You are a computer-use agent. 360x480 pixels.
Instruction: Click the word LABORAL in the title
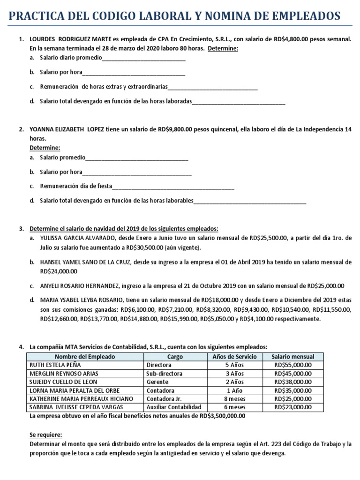[159, 17]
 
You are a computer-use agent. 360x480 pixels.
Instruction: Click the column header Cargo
[175, 357]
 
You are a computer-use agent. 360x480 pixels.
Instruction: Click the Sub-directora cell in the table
[164, 374]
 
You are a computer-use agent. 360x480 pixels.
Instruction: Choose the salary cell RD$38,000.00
[293, 382]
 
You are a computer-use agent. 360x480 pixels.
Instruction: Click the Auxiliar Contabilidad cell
[174, 407]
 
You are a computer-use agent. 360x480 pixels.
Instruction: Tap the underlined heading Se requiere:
[45, 435]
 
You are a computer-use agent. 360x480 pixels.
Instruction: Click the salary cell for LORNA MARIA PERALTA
[293, 390]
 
